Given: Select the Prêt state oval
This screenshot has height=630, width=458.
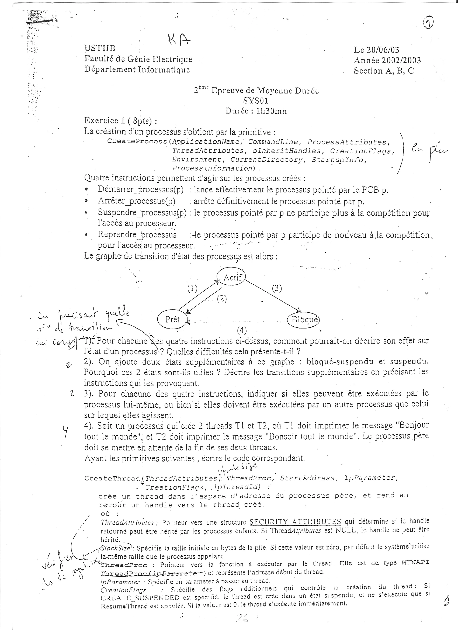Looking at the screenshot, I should (172, 319).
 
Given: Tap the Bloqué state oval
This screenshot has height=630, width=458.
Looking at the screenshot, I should (304, 320).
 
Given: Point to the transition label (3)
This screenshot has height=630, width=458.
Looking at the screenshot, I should (277, 288).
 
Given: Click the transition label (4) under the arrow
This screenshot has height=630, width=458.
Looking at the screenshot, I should (242, 330).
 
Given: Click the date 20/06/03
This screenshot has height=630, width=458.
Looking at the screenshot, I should (383, 50).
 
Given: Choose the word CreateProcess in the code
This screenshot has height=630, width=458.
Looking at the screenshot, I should (137, 141).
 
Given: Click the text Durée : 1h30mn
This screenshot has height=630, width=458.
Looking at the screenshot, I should (256, 111).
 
